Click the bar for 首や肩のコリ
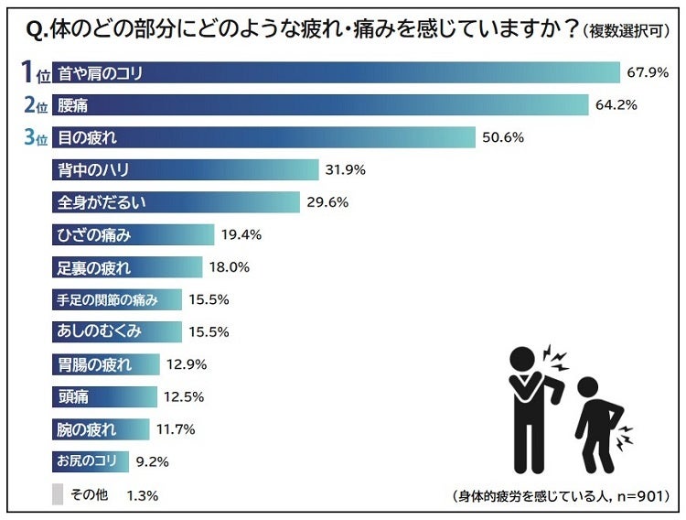point(336,72)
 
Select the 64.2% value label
point(616,104)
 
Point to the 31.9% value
point(347,169)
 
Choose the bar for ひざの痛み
point(133,234)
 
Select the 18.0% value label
point(230,267)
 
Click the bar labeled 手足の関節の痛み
point(116,299)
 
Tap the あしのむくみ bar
point(116,331)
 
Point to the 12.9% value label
point(187,364)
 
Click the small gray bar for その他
point(58,494)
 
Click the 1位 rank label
point(33,71)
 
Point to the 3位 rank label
point(33,137)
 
